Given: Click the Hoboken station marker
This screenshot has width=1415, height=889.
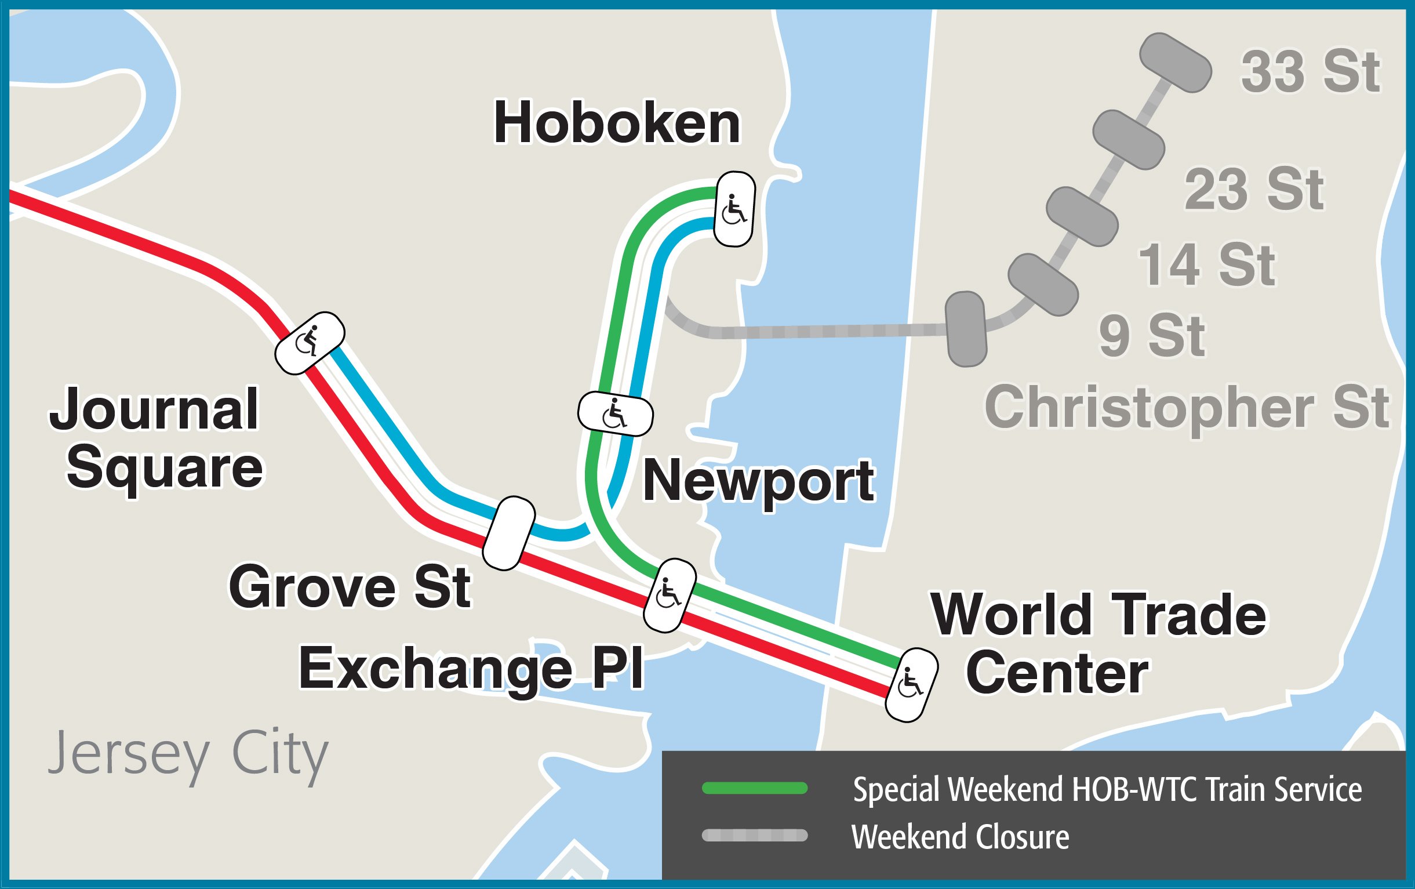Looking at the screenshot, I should (x=734, y=209).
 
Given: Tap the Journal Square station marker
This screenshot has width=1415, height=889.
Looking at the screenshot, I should (x=310, y=343).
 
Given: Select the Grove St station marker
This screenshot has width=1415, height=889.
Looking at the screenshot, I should (x=509, y=534).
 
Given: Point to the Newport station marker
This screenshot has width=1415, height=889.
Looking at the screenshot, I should (x=615, y=415).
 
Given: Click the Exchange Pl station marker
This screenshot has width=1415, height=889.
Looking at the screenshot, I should (x=670, y=596).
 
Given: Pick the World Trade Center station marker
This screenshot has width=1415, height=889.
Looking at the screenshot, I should (x=911, y=685).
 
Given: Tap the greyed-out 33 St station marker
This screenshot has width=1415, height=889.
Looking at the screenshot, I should (x=1175, y=63).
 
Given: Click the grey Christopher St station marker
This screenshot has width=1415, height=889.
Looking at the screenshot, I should (x=966, y=329).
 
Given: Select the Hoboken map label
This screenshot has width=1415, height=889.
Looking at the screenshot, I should (x=617, y=124).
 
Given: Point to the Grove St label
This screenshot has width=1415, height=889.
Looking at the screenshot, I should (x=350, y=587).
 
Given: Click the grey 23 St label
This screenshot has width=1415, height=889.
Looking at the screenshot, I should (x=1253, y=189).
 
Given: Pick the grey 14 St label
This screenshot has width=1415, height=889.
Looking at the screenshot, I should (x=1207, y=266).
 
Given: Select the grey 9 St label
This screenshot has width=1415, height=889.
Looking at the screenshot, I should (x=1152, y=336).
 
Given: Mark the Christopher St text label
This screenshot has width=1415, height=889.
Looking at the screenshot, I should (x=1187, y=408).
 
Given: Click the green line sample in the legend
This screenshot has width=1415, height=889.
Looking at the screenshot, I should (x=755, y=789).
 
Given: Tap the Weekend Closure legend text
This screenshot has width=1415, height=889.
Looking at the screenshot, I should (x=960, y=837).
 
